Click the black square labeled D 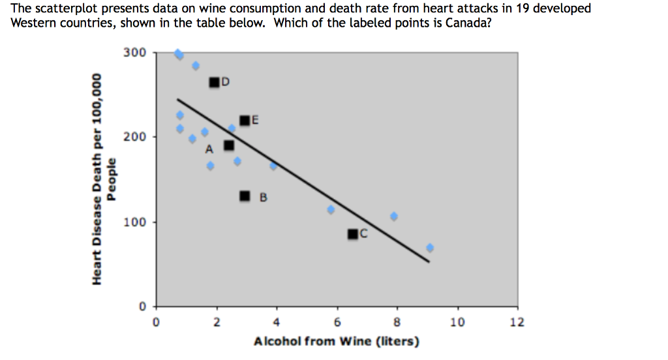(214, 83)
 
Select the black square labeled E (245, 121)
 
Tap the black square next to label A (229, 145)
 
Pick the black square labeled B (245, 196)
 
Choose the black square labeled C (353, 234)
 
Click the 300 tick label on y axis (134, 53)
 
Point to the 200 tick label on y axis (134, 137)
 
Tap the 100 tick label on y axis (134, 222)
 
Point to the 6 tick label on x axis (337, 322)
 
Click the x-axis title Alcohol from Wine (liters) (337, 341)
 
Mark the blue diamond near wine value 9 (430, 248)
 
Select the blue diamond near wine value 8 (394, 216)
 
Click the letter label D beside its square (226, 82)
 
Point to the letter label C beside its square (364, 233)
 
